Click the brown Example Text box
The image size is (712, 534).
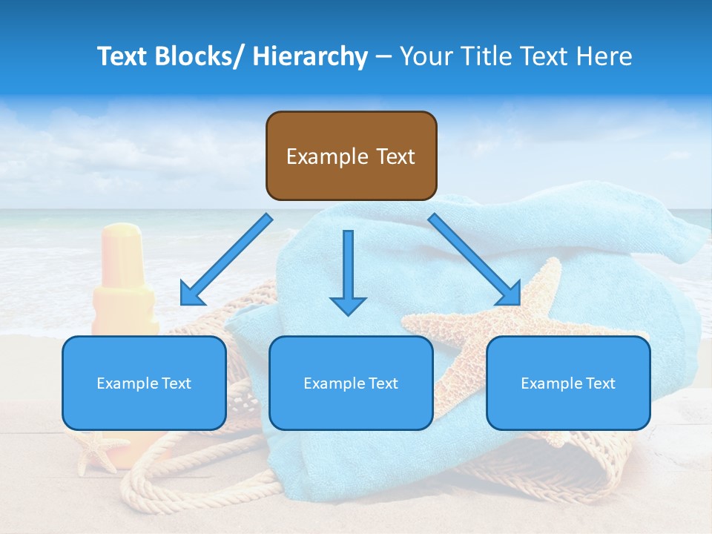351,156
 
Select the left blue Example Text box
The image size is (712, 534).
144,383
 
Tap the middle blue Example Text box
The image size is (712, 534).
351,383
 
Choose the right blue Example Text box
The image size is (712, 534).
568,383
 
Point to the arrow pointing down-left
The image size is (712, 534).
226,260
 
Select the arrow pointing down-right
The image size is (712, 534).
475,260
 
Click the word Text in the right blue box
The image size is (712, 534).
599,383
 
